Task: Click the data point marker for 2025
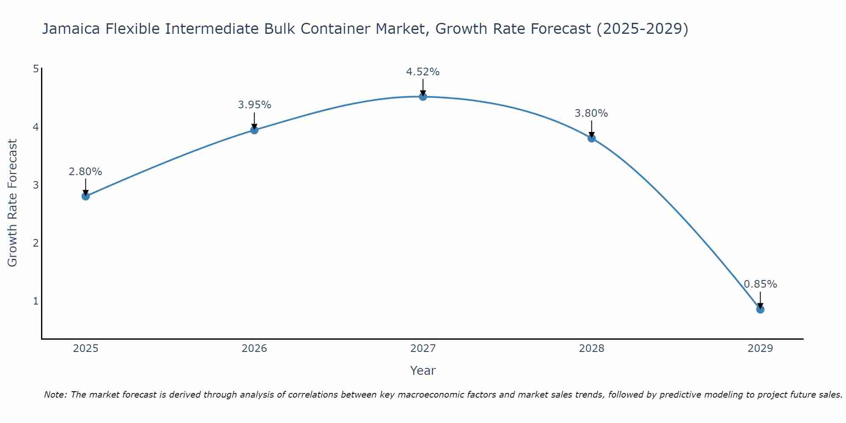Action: (85, 196)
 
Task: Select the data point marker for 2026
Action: (254, 130)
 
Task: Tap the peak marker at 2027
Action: (423, 97)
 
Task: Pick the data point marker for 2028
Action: (591, 138)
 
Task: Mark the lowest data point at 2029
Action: (760, 309)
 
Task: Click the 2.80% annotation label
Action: (85, 172)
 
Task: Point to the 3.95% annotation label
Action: (254, 105)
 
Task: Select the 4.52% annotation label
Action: (423, 72)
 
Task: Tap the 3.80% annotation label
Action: (591, 113)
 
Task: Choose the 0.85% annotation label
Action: (760, 284)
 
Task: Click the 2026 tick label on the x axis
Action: (254, 349)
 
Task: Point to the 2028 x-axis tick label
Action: (591, 349)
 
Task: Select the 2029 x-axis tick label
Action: (760, 349)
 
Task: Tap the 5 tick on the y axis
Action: (36, 69)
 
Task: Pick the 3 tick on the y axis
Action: (36, 185)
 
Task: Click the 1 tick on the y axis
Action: (36, 301)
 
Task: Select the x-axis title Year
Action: (423, 371)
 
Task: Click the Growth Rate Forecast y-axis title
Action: (13, 203)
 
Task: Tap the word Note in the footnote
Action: (55, 395)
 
